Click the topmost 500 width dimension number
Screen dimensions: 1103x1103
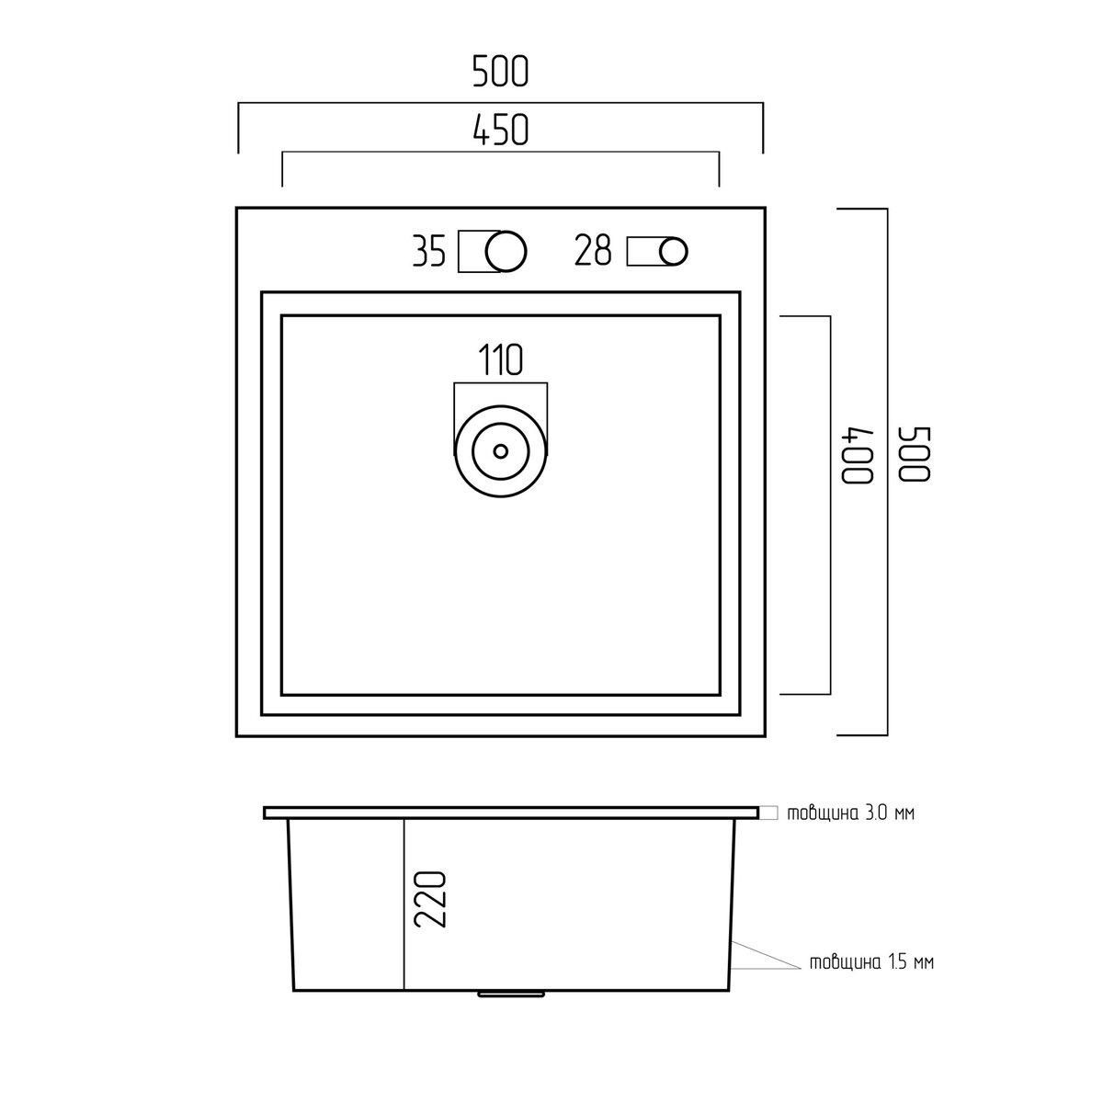coord(500,72)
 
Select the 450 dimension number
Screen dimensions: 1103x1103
coord(501,130)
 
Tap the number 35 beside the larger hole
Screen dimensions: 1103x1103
coord(428,251)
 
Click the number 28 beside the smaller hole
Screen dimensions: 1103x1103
coord(593,250)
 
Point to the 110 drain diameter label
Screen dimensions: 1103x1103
coord(501,360)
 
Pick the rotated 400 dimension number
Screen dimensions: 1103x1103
coord(857,455)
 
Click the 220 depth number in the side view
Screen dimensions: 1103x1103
coord(429,907)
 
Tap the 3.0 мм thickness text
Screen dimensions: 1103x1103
coord(850,813)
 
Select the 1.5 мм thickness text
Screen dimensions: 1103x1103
coord(871,962)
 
